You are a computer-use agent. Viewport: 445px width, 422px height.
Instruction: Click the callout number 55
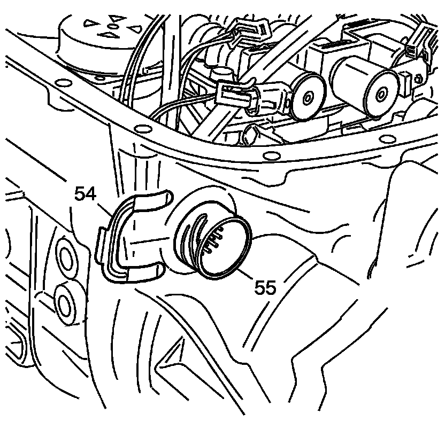coord(265,288)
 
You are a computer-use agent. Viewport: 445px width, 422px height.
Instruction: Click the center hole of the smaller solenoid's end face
coord(309,98)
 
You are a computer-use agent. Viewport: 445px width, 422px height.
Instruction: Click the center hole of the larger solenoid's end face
coord(382,94)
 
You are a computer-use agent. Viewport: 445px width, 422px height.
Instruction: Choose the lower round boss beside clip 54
coord(66,305)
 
